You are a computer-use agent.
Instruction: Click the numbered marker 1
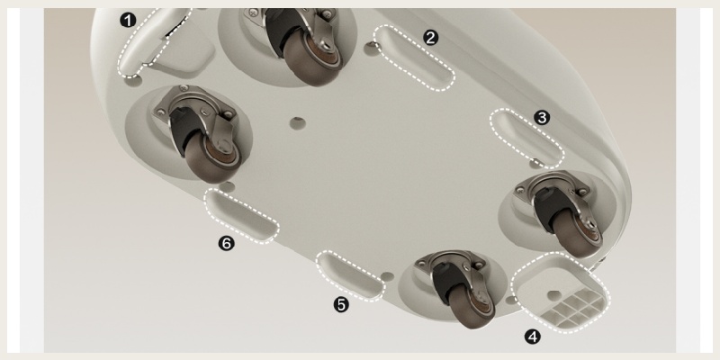click(128, 20)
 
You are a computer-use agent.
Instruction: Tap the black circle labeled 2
click(430, 38)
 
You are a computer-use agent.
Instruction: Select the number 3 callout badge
click(543, 118)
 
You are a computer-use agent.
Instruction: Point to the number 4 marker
click(533, 337)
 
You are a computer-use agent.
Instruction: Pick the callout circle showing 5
click(341, 304)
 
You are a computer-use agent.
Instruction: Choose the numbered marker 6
click(227, 243)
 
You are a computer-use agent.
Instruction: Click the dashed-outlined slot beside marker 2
click(414, 58)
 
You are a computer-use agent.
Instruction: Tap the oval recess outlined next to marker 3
click(527, 139)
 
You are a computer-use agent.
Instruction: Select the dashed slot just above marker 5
click(350, 276)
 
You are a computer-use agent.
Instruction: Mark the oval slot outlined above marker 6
click(241, 215)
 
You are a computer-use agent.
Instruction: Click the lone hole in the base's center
click(298, 123)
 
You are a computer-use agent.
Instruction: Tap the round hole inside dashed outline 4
click(554, 295)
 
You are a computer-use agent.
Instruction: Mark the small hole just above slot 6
click(227, 186)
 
